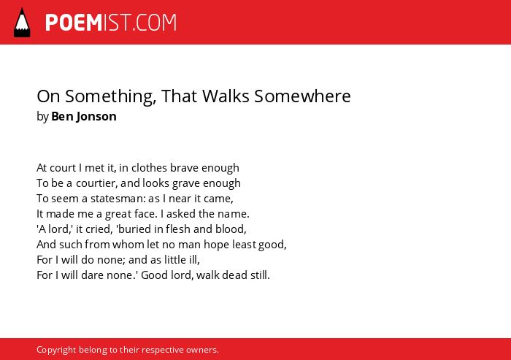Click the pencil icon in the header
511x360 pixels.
click(22, 23)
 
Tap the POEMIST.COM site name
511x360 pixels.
click(111, 23)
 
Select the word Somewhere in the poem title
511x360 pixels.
click(302, 96)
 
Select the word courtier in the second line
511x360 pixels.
click(95, 183)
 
